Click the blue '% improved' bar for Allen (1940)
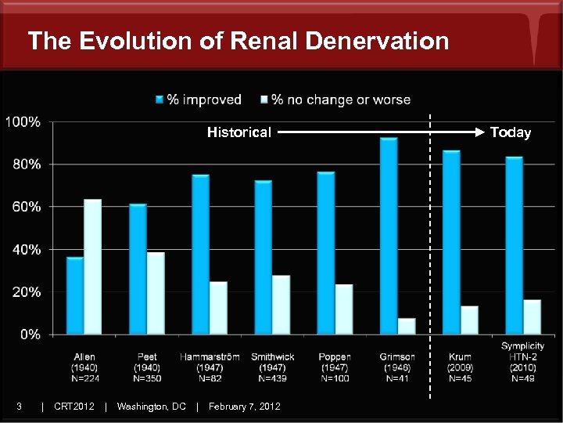(x=75, y=295)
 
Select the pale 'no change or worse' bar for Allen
(x=93, y=267)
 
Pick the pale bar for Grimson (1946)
(x=407, y=326)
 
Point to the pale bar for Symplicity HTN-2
(x=532, y=316)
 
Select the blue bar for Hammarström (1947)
(x=200, y=255)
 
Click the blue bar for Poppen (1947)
(x=326, y=253)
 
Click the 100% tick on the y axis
(x=23, y=122)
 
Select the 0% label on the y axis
(x=30, y=334)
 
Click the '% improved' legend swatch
(x=160, y=100)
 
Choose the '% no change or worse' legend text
(x=340, y=100)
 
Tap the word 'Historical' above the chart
(x=238, y=132)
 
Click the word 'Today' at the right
(x=511, y=132)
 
